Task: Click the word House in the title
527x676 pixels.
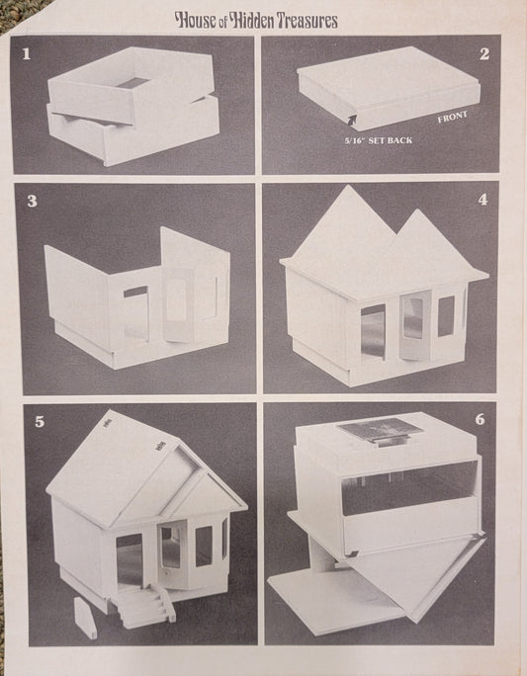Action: click(195, 21)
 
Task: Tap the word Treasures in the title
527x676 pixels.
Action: click(307, 21)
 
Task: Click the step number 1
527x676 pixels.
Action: click(27, 54)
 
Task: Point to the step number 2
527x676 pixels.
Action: click(484, 54)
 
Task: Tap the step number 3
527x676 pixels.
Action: click(33, 201)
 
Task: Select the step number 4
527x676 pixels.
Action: click(483, 200)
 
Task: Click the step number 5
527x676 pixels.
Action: click(40, 422)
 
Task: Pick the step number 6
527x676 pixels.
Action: click(480, 419)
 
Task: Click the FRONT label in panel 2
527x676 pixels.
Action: click(453, 117)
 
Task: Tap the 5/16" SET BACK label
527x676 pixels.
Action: click(379, 140)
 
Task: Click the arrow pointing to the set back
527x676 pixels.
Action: click(353, 119)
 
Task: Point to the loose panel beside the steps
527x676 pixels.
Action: click(86, 618)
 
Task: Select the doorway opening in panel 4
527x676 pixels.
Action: click(373, 331)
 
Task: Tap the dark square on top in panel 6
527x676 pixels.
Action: click(380, 429)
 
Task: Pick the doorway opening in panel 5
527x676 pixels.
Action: click(130, 559)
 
